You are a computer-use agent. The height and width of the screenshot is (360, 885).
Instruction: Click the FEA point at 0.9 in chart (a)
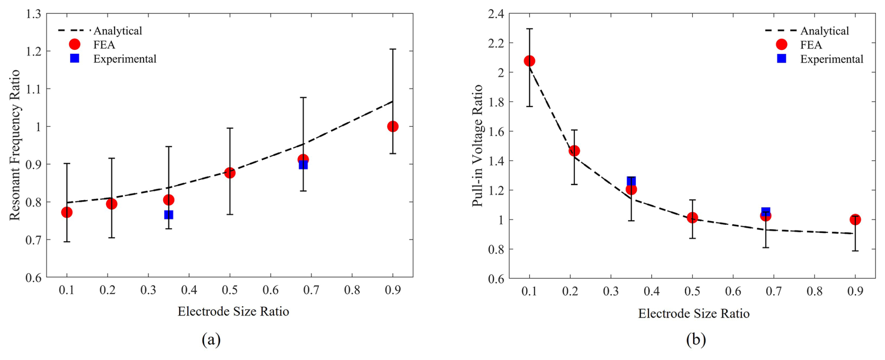[392, 126]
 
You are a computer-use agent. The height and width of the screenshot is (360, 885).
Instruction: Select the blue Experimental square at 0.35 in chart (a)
[168, 215]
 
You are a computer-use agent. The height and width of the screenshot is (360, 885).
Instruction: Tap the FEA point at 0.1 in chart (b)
[529, 61]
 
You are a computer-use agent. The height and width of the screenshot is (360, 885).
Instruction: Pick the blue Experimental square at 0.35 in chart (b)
[631, 181]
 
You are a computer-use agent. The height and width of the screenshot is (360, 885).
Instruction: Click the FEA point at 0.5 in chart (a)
[229, 173]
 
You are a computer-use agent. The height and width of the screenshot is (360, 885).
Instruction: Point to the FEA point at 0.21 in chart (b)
[574, 151]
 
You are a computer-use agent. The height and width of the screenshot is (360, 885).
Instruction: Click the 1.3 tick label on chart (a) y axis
[34, 14]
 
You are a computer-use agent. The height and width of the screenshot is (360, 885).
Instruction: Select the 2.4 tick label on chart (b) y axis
[496, 14]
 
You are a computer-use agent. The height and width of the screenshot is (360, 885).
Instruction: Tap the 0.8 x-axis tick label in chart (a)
[352, 290]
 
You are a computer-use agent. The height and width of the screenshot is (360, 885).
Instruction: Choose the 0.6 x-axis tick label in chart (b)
[733, 291]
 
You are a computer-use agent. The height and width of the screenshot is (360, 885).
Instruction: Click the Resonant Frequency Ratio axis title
[15, 145]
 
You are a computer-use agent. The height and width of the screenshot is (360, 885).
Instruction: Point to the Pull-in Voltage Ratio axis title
[477, 145]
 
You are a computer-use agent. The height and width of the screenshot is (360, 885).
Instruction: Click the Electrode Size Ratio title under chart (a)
[233, 311]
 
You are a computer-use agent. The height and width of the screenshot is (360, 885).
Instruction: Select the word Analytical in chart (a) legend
[117, 31]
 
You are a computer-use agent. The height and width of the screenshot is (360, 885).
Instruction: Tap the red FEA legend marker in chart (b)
[781, 44]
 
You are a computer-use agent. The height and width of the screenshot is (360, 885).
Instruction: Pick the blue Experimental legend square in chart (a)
[74, 58]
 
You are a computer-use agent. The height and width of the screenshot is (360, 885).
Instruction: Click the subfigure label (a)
[211, 339]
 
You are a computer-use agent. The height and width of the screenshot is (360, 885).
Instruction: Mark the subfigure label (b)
[696, 339]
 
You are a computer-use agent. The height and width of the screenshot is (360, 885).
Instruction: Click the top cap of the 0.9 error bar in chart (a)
[392, 49]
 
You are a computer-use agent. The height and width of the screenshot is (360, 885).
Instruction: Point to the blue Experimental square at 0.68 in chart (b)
[765, 212]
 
